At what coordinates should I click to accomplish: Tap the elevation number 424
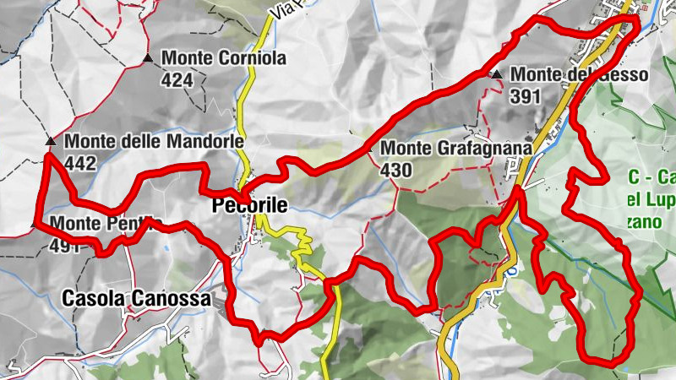point(178,80)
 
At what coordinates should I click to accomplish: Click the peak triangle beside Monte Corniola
point(149,58)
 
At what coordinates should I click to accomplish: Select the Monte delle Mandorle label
point(154,141)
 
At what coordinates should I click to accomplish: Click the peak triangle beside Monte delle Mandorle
point(51,141)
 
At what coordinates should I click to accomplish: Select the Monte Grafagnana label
point(456,149)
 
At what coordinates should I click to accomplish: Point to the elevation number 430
point(395,170)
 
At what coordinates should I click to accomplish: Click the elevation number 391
point(525,96)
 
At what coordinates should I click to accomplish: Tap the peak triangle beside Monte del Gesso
point(497,74)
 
